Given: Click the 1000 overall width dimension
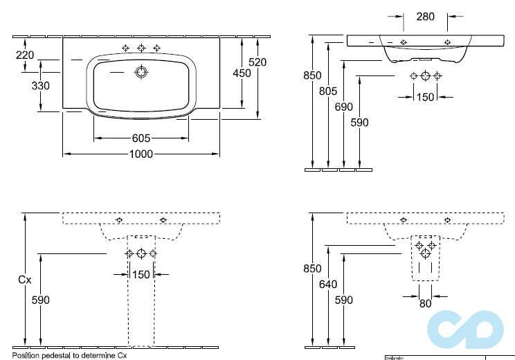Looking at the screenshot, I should [x=141, y=154].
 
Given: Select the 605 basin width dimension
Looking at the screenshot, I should [x=141, y=138].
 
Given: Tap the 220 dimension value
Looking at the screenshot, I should [x=25, y=55].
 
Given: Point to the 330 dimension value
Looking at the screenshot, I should [x=41, y=86].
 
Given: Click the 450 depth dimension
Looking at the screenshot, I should [x=241, y=73].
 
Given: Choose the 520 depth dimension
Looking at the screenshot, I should [x=257, y=62].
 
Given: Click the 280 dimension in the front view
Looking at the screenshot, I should [x=425, y=16].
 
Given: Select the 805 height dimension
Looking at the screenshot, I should [x=328, y=91].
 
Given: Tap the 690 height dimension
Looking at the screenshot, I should [x=344, y=107].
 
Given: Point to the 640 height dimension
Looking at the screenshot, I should [x=328, y=285].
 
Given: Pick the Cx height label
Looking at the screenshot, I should [x=25, y=280].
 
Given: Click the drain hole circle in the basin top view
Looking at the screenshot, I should [x=141, y=71].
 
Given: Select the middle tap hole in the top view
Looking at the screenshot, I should [x=141, y=48].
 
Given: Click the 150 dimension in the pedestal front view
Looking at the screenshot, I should [x=141, y=275].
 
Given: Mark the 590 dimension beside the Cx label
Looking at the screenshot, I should [x=41, y=300].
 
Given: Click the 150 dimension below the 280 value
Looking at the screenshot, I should [x=425, y=97].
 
